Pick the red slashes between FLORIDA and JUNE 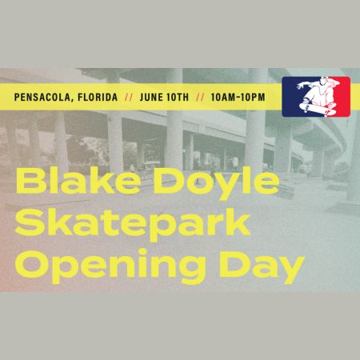pos(128,98)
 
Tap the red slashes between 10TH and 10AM pos(201,98)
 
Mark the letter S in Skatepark pos(29,224)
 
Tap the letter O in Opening pos(32,265)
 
